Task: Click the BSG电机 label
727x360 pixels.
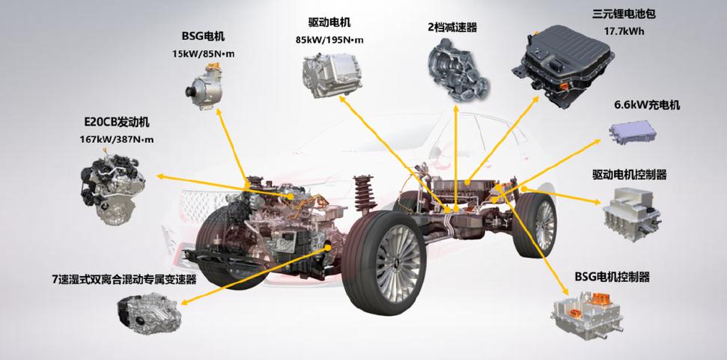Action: click(x=203, y=36)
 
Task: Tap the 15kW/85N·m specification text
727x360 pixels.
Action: click(x=203, y=54)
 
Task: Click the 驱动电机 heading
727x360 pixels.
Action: click(x=329, y=22)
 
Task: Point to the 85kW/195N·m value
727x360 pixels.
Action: click(x=329, y=40)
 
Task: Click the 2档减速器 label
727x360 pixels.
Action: click(x=452, y=28)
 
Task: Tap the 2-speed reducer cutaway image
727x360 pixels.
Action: click(x=457, y=70)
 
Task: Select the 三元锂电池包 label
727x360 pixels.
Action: click(x=624, y=14)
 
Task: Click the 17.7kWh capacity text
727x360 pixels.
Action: click(x=624, y=32)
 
